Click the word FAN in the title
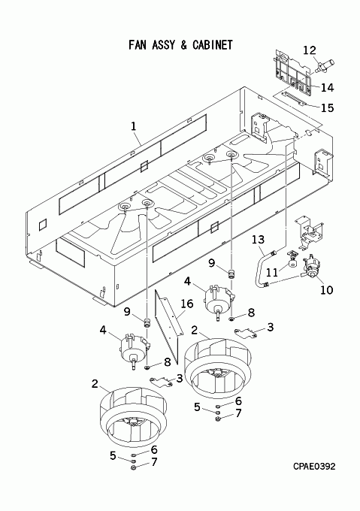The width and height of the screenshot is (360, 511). click(138, 44)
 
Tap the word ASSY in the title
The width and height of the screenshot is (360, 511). click(164, 44)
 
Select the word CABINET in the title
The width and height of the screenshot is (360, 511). click(213, 44)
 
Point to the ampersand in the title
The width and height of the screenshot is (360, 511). click(183, 44)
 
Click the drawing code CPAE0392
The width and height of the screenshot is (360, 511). click(314, 467)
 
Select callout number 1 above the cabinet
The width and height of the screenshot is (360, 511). click(134, 126)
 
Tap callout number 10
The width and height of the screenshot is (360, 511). click(327, 289)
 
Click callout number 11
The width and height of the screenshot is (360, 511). click(272, 272)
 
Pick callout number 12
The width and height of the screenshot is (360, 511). click(310, 50)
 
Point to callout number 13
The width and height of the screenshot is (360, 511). click(259, 240)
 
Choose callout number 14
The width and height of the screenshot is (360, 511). click(327, 87)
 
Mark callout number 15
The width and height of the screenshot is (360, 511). click(328, 107)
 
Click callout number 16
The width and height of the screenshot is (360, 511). click(186, 304)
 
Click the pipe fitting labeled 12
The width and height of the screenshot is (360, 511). click(325, 64)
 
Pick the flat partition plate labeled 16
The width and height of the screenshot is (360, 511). click(168, 326)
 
